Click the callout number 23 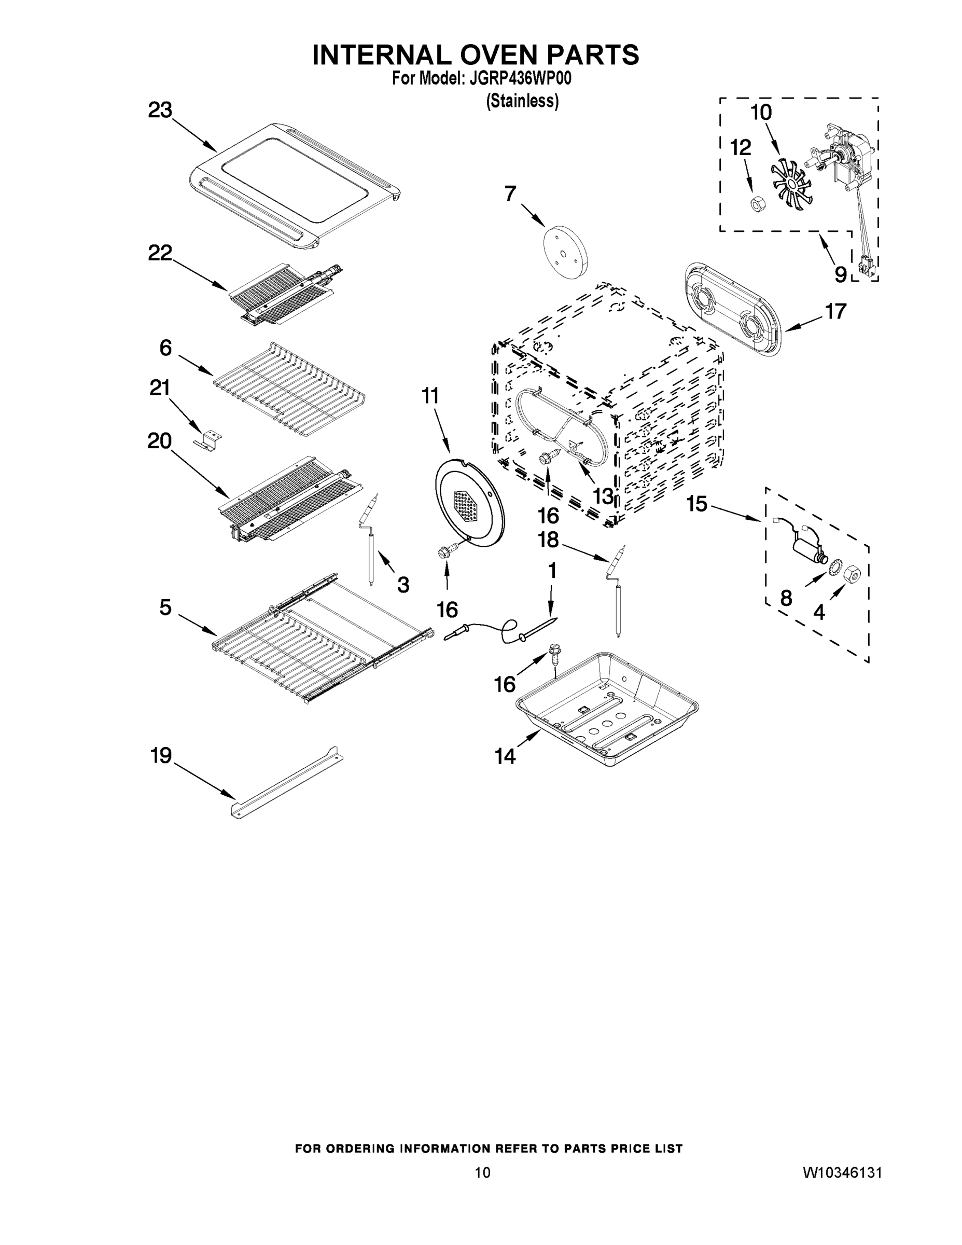(160, 110)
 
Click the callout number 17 (836, 312)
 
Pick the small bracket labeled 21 (208, 440)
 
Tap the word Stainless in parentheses (522, 101)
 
